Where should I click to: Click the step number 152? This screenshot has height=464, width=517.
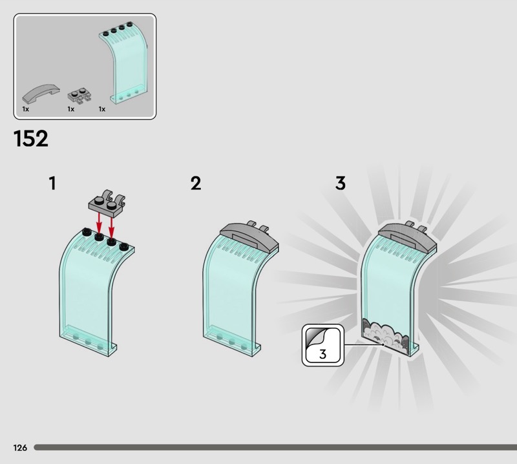pyautogui.click(x=30, y=138)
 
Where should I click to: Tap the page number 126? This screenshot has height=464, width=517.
pyautogui.click(x=20, y=447)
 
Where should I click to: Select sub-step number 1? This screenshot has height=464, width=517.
pyautogui.click(x=53, y=183)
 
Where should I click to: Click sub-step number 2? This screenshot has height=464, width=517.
pyautogui.click(x=196, y=183)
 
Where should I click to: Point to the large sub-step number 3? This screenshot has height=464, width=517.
pyautogui.click(x=341, y=183)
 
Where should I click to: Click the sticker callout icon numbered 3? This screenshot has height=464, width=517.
pyautogui.click(x=323, y=345)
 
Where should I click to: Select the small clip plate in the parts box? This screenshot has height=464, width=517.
pyautogui.click(x=79, y=95)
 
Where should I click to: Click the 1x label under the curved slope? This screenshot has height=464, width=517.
pyautogui.click(x=26, y=109)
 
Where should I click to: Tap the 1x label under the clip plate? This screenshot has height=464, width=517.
pyautogui.click(x=71, y=109)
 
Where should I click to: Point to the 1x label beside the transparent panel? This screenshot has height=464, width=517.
pyautogui.click(x=102, y=109)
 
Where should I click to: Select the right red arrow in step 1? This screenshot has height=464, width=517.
pyautogui.click(x=111, y=227)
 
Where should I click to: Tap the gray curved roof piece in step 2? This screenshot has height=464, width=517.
pyautogui.click(x=249, y=237)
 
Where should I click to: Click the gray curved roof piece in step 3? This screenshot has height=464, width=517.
pyautogui.click(x=408, y=237)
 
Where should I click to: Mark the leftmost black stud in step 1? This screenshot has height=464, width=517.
pyautogui.click(x=87, y=231)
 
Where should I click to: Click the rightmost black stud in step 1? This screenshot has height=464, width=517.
pyautogui.click(x=124, y=246)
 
